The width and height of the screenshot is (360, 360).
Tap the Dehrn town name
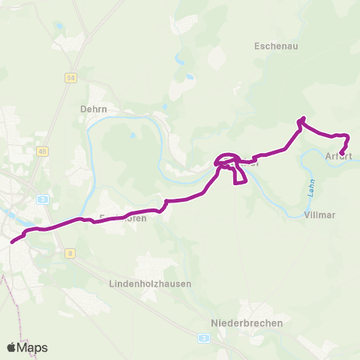(94, 109)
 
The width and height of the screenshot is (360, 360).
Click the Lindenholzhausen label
(150, 284)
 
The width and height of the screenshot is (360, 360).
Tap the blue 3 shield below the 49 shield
(43, 199)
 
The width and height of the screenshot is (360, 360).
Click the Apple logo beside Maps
(11, 347)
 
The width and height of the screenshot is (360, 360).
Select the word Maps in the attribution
(32, 347)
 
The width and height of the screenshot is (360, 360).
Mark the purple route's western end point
(12, 241)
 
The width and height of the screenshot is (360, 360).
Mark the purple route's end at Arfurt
(342, 154)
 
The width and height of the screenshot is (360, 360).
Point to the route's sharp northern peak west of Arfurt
(302, 118)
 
